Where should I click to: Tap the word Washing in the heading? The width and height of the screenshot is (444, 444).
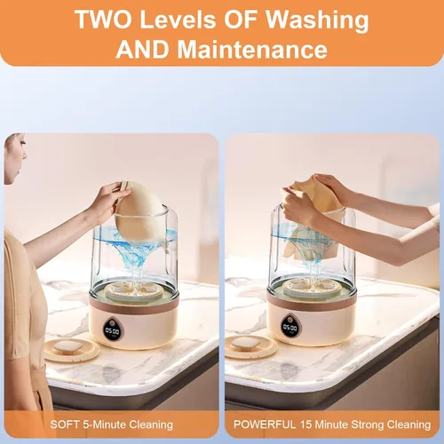(x=318, y=20)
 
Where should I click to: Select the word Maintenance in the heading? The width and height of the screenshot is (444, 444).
(x=252, y=49)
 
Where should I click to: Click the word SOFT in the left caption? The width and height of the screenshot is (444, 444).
(x=65, y=424)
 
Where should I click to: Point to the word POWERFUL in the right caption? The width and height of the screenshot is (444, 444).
(x=265, y=424)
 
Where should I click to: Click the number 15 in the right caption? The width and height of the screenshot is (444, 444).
(x=305, y=424)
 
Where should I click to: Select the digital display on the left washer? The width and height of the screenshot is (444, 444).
(x=113, y=329)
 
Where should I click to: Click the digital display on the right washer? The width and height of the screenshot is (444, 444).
(x=289, y=327)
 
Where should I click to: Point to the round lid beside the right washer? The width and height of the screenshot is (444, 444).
(x=250, y=345)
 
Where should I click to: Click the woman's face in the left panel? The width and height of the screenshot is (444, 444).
(x=15, y=157)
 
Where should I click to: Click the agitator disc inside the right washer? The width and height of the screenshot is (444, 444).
(x=312, y=288)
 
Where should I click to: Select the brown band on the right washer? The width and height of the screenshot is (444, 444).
(x=312, y=304)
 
